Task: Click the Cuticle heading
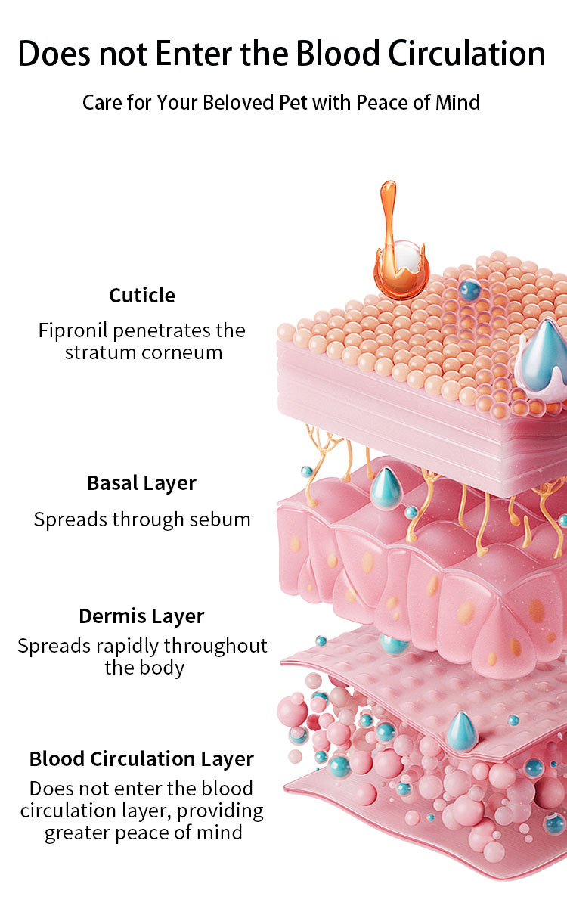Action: [142, 295]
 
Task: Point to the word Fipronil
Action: [74, 330]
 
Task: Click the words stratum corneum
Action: [144, 352]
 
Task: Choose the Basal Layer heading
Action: [142, 482]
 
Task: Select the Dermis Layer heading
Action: [141, 616]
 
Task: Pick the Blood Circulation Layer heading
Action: [141, 758]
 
